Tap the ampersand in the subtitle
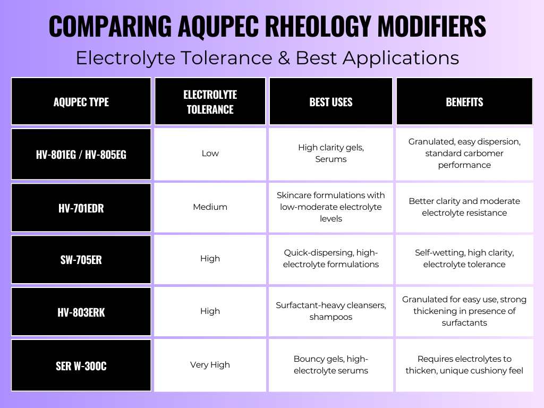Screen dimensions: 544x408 point(284,57)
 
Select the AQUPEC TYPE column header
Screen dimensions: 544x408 point(81,101)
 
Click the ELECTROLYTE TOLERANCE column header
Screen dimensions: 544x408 point(210,101)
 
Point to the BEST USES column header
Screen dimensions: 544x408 point(330,101)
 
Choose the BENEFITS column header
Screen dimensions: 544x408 point(464,101)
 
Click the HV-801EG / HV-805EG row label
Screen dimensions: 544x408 point(81,154)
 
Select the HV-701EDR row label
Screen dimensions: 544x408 point(81,208)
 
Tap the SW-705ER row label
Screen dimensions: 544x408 point(81,259)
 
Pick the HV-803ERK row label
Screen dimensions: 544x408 point(81,311)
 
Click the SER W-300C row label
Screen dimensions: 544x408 point(81,365)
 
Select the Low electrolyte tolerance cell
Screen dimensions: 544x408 point(210,154)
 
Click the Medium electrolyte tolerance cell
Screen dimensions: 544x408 point(210,208)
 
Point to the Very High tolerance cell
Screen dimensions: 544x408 point(210,365)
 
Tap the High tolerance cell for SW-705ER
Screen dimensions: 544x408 point(210,259)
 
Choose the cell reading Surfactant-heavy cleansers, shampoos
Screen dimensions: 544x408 point(330,311)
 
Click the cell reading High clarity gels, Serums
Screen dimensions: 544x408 point(330,154)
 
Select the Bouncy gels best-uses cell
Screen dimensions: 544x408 point(330,365)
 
